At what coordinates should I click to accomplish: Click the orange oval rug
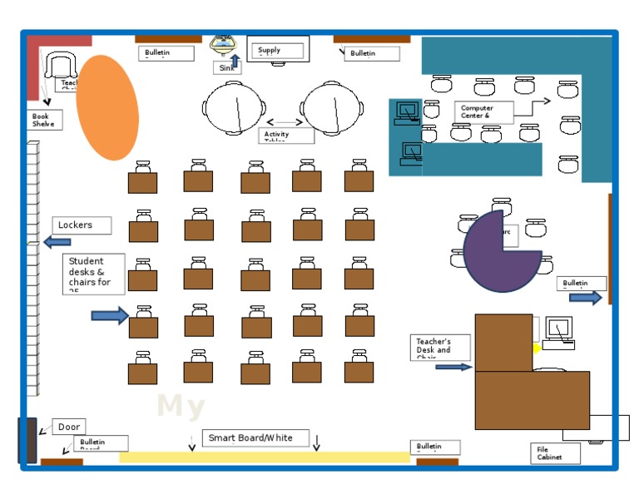107,107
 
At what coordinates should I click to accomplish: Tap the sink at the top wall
223,42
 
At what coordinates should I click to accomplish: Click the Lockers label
83,225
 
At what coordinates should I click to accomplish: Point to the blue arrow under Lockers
57,242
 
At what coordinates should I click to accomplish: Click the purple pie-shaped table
499,252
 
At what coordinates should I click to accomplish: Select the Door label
69,427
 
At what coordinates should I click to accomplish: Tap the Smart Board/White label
255,438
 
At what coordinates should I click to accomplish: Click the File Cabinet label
555,453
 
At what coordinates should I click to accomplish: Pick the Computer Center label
483,111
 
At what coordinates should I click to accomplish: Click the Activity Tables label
286,135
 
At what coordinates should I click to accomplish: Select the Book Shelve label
44,120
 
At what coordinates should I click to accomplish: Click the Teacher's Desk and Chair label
440,347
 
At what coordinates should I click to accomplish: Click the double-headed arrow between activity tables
285,122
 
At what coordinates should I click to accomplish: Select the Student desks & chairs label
95,274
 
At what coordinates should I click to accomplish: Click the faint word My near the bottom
181,407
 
